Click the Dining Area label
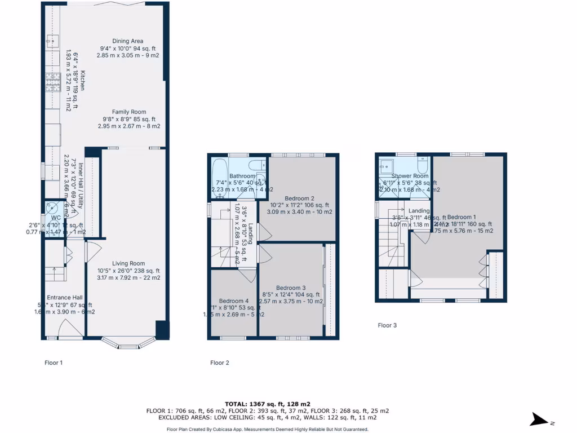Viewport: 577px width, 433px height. click(x=128, y=41)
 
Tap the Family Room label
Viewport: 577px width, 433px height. click(x=128, y=112)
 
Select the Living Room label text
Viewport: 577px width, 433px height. click(x=128, y=263)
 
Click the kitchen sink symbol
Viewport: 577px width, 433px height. click(x=53, y=41)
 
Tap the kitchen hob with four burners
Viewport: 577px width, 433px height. click(x=53, y=83)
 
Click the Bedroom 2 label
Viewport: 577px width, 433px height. click(x=299, y=198)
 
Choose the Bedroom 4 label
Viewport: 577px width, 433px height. click(x=233, y=301)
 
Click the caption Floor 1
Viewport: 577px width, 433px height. click(x=54, y=363)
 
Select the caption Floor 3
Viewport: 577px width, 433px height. click(x=387, y=325)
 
